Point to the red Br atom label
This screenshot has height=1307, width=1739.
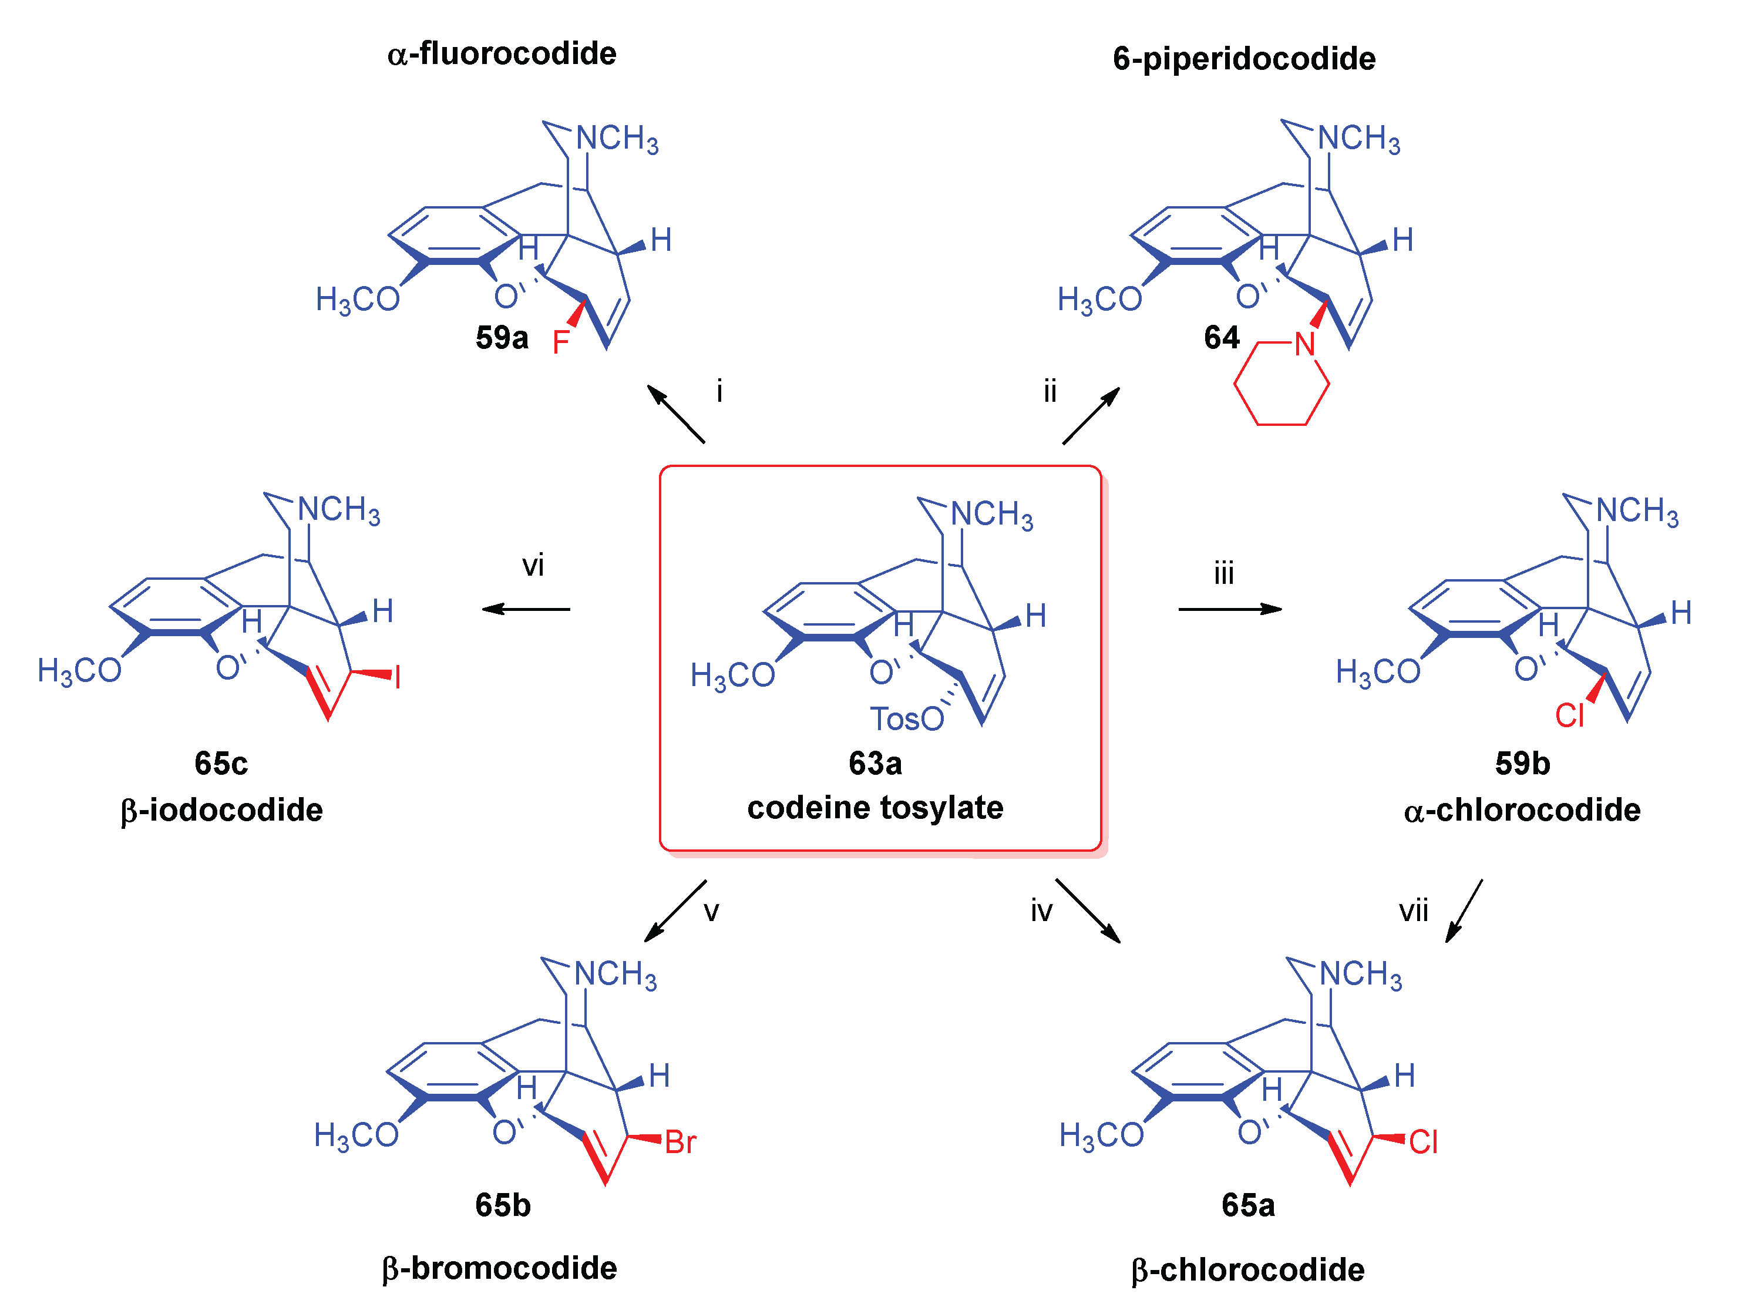click(680, 1143)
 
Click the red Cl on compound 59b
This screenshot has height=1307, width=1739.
click(1569, 715)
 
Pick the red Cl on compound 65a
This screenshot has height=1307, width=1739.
click(1423, 1143)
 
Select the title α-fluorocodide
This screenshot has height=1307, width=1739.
click(502, 54)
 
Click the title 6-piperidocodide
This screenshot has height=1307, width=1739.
click(1244, 59)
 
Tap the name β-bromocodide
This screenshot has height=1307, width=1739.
click(499, 1268)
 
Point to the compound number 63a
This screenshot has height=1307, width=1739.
click(875, 764)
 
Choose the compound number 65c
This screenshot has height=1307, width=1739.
click(221, 764)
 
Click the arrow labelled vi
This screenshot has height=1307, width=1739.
click(525, 609)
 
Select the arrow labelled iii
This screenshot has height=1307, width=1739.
click(1230, 609)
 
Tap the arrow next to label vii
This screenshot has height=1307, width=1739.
click(1464, 910)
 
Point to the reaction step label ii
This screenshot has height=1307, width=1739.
click(1050, 391)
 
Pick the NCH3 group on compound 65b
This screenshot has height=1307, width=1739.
click(615, 975)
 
